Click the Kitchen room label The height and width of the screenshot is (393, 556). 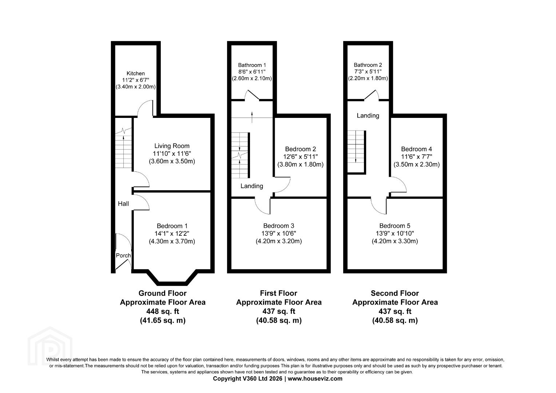point(135,74)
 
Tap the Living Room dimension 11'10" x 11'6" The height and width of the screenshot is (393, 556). point(172,154)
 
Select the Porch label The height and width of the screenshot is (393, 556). point(123,255)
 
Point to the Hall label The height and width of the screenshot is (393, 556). point(123,204)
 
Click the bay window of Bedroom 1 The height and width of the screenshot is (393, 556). point(172,278)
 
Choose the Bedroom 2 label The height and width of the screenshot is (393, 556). point(300,149)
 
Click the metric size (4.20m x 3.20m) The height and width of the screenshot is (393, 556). point(279,241)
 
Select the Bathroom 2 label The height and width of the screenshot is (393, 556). point(368,65)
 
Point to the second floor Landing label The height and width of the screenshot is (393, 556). point(368,116)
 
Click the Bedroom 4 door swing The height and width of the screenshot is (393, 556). point(398,184)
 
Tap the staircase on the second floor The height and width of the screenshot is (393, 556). point(357,151)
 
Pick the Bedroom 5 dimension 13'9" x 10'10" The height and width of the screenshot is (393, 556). point(395,233)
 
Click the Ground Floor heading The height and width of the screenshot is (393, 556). point(163,293)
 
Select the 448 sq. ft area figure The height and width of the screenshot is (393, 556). point(163,311)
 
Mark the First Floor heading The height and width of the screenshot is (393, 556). point(278,293)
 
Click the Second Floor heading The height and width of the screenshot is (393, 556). point(395,293)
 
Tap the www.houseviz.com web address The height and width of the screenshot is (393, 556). point(315,378)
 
